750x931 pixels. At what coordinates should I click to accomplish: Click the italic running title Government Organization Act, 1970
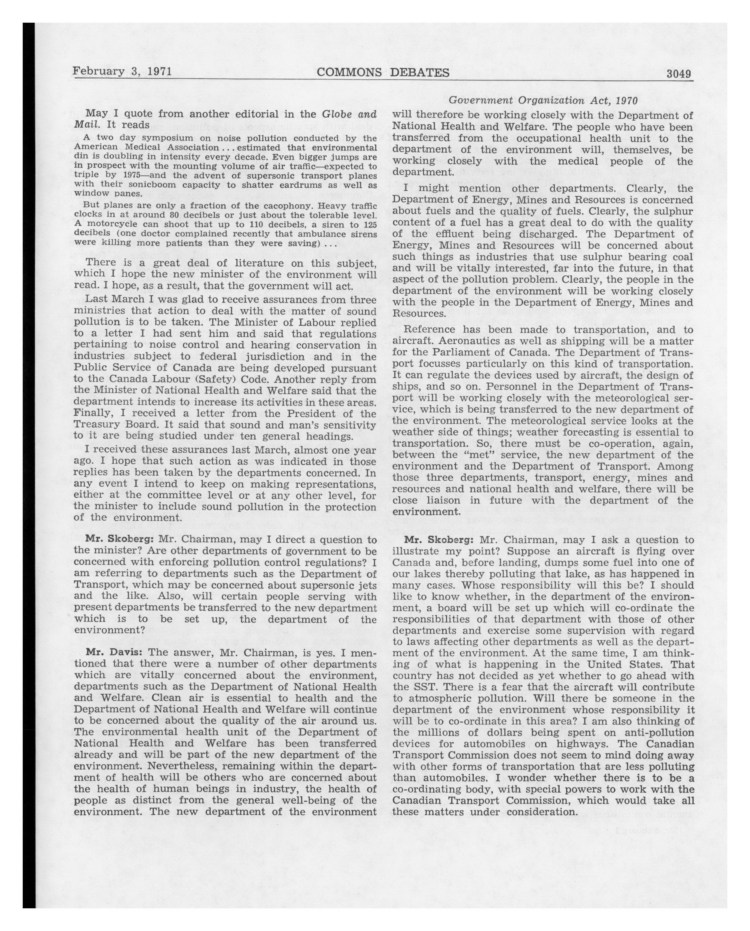[542, 100]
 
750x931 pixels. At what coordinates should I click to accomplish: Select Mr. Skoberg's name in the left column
[120, 539]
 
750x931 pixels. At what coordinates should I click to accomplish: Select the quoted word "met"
[473, 455]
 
